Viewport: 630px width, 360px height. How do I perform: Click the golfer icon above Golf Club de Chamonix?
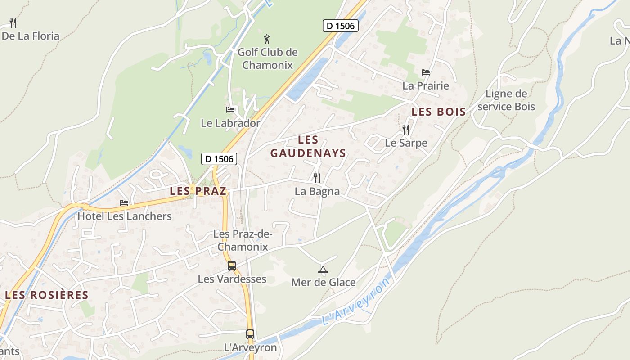[267, 39]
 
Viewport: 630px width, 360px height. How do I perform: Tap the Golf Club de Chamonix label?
[268, 58]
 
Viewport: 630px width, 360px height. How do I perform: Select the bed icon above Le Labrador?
[230, 109]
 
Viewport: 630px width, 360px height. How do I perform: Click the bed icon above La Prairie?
[426, 72]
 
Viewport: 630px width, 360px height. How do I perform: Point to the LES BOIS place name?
[439, 112]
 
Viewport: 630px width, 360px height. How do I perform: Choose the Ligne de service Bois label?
[506, 100]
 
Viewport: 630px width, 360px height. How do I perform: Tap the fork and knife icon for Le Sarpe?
[406, 130]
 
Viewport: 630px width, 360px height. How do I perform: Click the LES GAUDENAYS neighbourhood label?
[308, 147]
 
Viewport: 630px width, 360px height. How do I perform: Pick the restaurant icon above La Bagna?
[317, 178]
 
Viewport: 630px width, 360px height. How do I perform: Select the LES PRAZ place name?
[198, 191]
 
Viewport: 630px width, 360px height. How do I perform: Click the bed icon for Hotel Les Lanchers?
[124, 203]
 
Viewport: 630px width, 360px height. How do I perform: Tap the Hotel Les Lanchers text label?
[125, 216]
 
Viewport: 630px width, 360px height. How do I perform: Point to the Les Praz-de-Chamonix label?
[243, 240]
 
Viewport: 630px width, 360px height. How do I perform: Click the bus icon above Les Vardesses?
[232, 266]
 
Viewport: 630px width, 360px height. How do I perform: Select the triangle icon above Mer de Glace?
[323, 270]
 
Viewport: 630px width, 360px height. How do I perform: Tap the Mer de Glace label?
[323, 283]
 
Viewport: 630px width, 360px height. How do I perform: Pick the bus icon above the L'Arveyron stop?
[250, 334]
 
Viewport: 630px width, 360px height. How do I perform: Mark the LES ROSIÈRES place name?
[47, 295]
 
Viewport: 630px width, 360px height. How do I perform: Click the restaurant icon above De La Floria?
[13, 22]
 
